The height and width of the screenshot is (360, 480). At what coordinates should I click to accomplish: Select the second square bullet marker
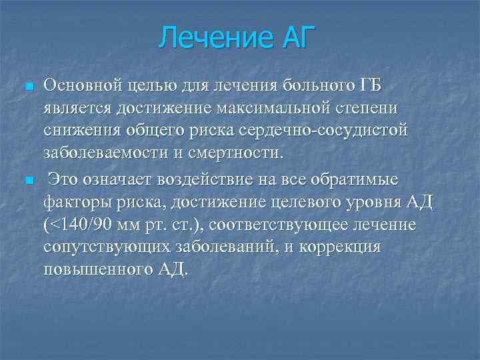[x=29, y=181]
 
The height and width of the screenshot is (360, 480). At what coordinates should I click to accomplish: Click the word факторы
[x=73, y=202]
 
